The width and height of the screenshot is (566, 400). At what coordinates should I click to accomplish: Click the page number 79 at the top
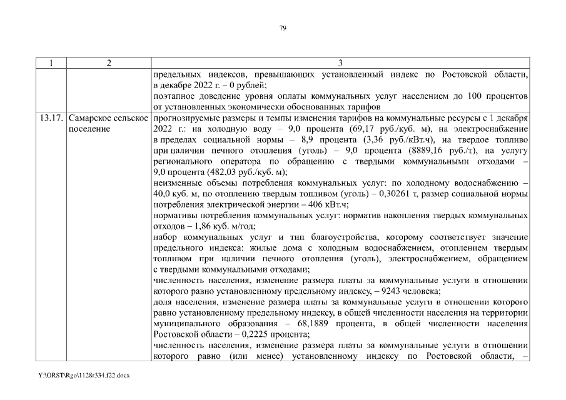point(283,27)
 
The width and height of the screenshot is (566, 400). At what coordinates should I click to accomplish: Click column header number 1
point(51,63)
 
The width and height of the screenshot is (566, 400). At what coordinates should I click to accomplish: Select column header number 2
point(109,63)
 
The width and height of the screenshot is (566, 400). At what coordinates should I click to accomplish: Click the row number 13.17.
point(52,118)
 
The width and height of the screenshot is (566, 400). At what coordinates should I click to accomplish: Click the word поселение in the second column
point(89,129)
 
